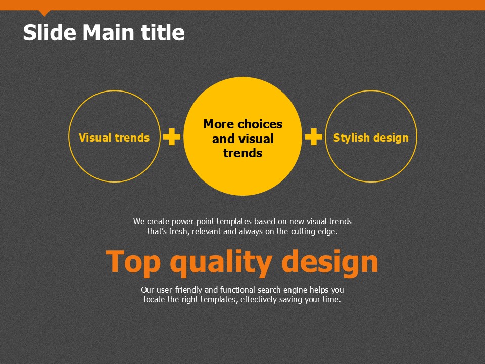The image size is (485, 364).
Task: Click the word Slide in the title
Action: tap(50, 32)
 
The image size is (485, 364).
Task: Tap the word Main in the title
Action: tap(108, 32)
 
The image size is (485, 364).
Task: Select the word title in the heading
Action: tap(163, 32)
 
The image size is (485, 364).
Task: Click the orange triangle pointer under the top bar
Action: tap(44, 13)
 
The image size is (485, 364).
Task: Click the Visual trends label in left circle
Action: tap(114, 138)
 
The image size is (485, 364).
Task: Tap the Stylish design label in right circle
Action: tap(371, 138)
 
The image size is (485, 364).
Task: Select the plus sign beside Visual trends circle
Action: tap(172, 136)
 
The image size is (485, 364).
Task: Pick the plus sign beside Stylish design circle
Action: tap(314, 136)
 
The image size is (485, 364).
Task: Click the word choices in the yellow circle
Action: tap(260, 124)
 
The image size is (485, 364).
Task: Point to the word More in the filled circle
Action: tap(219, 124)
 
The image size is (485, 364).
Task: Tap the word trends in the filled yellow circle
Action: tap(243, 153)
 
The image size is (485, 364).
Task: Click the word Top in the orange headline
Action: tap(133, 262)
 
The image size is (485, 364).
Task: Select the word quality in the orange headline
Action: tap(221, 262)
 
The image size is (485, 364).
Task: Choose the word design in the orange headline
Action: tap(330, 262)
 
